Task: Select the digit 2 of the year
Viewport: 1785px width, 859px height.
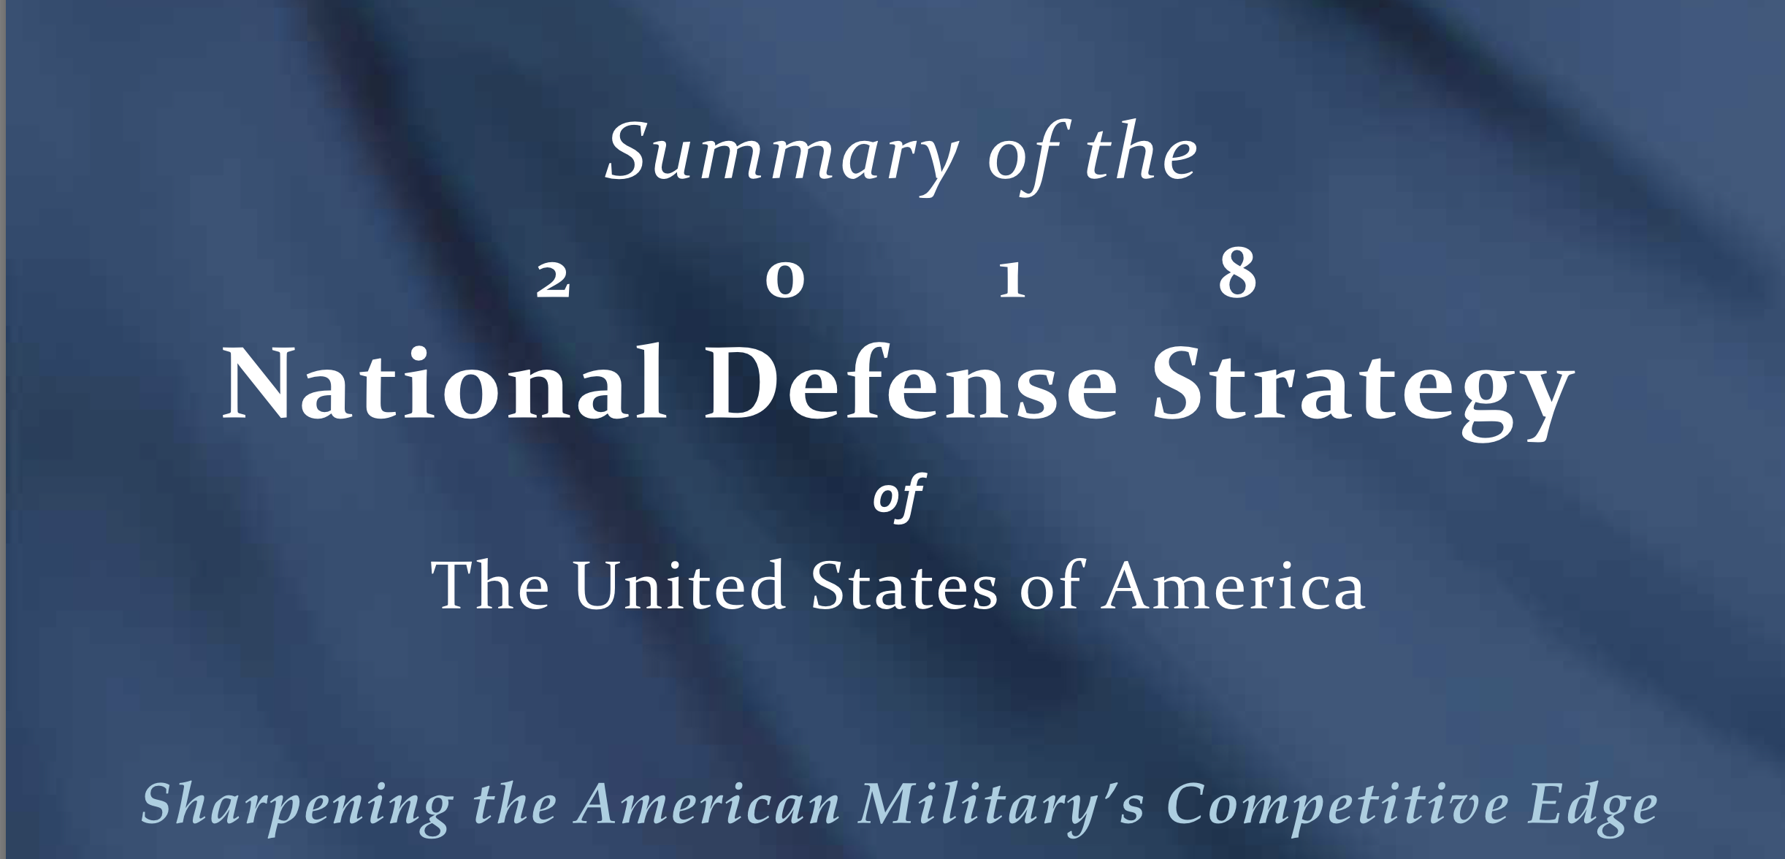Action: tap(553, 280)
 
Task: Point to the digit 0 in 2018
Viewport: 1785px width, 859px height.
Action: tap(785, 280)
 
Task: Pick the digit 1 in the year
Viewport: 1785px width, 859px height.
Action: tap(1012, 280)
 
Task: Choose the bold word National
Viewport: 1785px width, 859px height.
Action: tap(444, 383)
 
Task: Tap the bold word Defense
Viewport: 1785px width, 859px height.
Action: tap(910, 383)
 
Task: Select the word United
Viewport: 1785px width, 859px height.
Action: tap(680, 586)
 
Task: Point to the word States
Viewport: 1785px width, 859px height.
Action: tap(904, 586)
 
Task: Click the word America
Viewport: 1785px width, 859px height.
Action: tap(1234, 586)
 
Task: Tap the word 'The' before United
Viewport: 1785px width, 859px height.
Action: tap(490, 586)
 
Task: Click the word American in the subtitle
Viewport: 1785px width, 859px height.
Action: tap(708, 804)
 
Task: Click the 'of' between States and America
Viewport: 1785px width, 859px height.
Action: tap(1050, 586)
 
